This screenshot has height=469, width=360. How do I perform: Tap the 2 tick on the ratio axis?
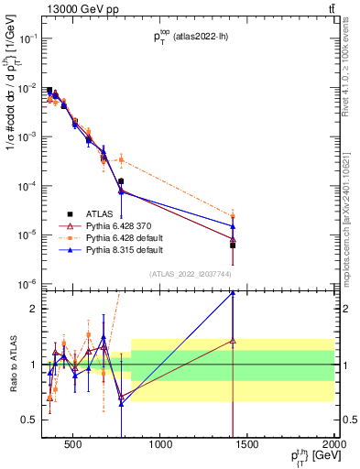click(38, 309)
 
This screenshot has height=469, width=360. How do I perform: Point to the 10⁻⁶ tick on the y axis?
click(30, 283)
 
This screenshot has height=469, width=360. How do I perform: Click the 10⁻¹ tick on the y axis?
click(30, 38)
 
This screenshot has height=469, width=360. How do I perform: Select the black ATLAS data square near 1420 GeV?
click(233, 245)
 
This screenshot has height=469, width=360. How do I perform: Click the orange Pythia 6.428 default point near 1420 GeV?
click(233, 217)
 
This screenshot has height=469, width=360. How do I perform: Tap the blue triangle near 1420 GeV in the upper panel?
click(233, 225)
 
